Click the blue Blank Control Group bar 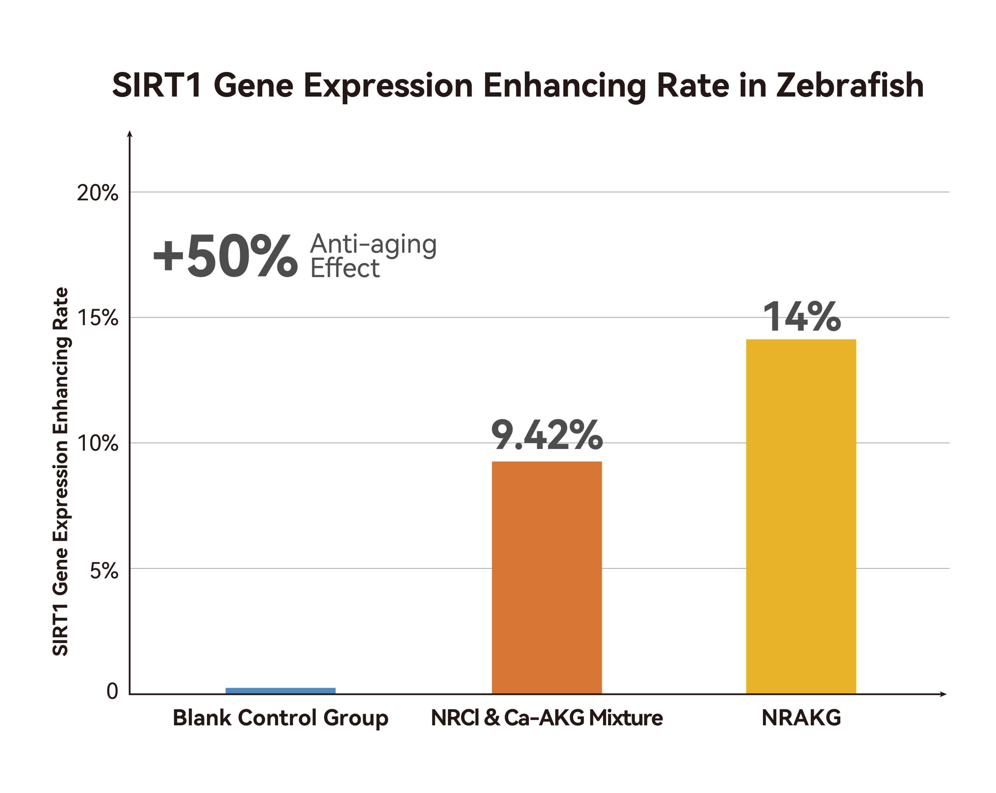(281, 690)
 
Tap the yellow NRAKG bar (801, 516)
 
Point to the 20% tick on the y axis (98, 193)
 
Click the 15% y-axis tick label (98, 318)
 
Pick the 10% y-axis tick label (98, 444)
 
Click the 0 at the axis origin (112, 692)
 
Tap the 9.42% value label (547, 435)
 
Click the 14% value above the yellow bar (801, 317)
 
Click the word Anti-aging (373, 244)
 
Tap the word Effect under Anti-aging (345, 268)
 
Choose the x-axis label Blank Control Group (281, 718)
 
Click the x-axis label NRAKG (801, 718)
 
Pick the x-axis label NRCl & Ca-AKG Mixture (547, 718)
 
